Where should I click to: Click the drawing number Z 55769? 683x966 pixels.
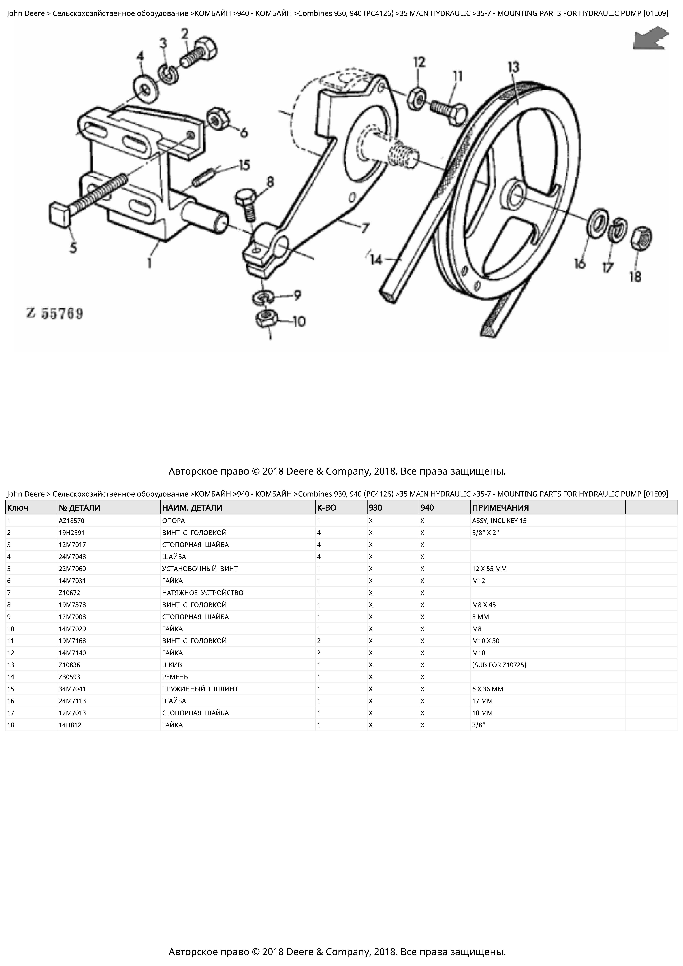click(x=55, y=314)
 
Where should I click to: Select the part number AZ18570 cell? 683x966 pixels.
click(x=72, y=521)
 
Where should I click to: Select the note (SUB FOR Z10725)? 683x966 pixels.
click(x=499, y=665)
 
